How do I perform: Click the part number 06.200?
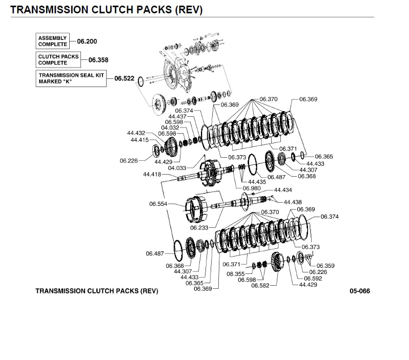pyautogui.click(x=87, y=41)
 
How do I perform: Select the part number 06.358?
pyautogui.click(x=98, y=60)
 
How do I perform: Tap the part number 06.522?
pyautogui.click(x=124, y=78)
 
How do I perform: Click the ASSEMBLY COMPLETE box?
pyautogui.click(x=52, y=41)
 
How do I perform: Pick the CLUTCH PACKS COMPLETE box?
pyautogui.click(x=58, y=60)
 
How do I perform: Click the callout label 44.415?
pyautogui.click(x=139, y=140)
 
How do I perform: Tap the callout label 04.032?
pyautogui.click(x=170, y=128)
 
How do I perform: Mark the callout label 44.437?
pyautogui.click(x=177, y=116)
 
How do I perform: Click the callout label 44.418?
pyautogui.click(x=152, y=175)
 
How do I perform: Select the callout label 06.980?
pyautogui.click(x=245, y=188)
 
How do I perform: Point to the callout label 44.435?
pyautogui.click(x=257, y=182)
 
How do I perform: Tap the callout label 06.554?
pyautogui.click(x=159, y=204)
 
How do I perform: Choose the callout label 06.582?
pyautogui.click(x=260, y=285)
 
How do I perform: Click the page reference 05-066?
pyautogui.click(x=360, y=291)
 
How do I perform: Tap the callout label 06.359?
pyautogui.click(x=325, y=266)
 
